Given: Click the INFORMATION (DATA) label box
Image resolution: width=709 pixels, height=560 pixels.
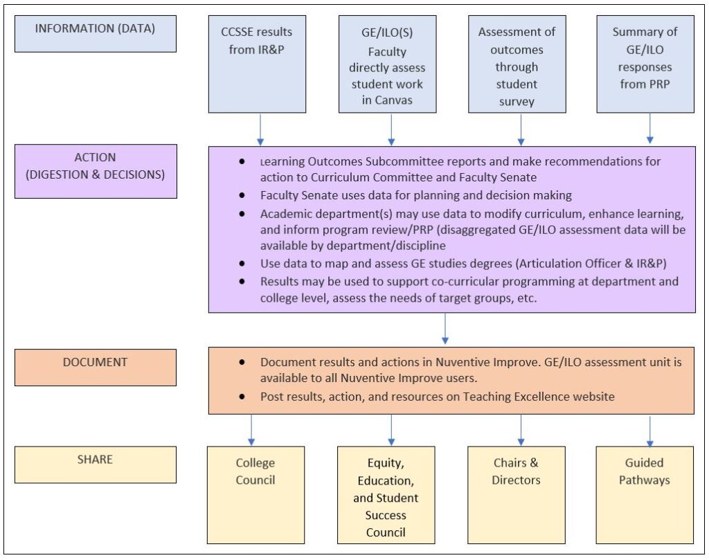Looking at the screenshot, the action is tap(96, 34).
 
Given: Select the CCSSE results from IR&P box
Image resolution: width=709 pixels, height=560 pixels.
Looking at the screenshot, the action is tap(257, 64).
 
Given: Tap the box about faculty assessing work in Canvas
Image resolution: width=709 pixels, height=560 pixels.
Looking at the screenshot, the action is tap(388, 64).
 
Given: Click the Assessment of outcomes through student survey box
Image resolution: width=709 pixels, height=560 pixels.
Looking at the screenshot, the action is tap(517, 64).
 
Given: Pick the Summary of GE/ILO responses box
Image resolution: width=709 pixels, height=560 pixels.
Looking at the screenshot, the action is tap(645, 64).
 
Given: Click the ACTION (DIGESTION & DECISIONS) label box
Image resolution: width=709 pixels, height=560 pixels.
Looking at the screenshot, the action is tap(96, 171).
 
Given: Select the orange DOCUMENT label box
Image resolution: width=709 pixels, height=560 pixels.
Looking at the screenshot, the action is tap(96, 368).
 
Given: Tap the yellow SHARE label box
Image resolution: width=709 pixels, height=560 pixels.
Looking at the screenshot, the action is tap(96, 464).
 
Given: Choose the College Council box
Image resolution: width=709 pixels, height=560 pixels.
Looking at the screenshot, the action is tap(255, 495).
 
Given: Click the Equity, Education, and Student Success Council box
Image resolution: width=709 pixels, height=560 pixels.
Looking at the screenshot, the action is tap(386, 495).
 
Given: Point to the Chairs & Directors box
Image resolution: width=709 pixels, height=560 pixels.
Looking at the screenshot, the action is tap(517, 495).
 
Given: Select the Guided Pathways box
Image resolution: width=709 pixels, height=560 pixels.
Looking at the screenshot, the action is tap(645, 495).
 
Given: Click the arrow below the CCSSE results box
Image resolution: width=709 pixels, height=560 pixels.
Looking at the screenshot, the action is tap(260, 129).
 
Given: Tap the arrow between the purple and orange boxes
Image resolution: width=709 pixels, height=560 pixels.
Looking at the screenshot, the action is tap(445, 329).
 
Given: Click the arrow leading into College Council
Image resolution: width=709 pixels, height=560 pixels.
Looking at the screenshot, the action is tap(251, 431).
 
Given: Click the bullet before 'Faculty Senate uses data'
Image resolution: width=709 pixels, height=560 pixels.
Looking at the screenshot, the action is tap(242, 195).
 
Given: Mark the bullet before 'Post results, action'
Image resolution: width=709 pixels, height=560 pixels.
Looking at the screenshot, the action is tap(242, 397).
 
